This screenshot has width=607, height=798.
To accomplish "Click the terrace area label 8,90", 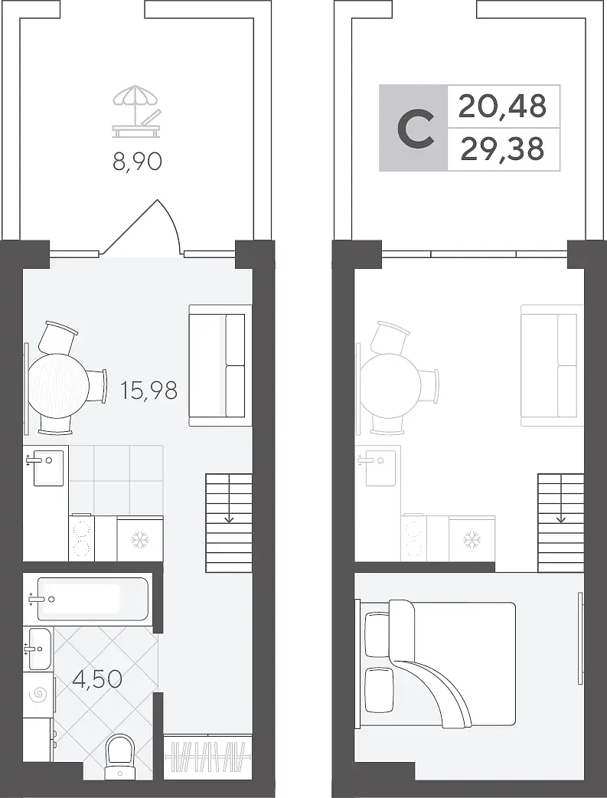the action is (137, 162).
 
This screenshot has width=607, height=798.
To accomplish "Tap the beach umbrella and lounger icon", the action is (137, 111).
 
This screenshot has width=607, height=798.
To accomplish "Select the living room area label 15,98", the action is (149, 391).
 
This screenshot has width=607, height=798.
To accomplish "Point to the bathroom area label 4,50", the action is (96, 679).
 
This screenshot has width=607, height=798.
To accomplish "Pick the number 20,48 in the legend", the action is (502, 106).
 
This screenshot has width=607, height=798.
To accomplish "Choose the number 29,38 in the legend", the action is (502, 149).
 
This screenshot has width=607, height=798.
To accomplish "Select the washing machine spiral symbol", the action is (38, 695).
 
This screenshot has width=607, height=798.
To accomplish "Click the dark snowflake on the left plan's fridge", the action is (139, 539).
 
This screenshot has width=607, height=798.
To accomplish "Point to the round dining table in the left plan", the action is (59, 386).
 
